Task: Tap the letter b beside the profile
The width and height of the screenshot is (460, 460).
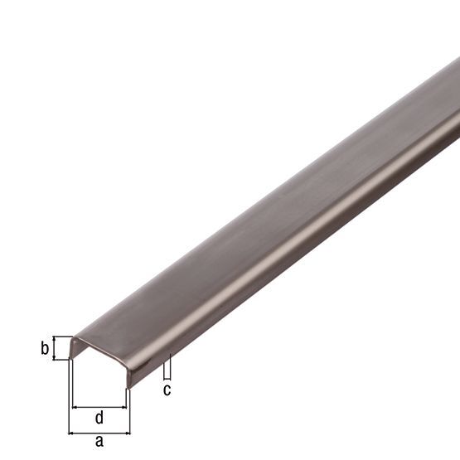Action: point(45,349)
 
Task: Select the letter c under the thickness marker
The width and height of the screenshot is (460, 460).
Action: point(167,389)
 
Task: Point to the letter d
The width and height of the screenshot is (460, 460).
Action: point(99,416)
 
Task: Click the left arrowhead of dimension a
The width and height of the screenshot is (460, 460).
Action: point(71,432)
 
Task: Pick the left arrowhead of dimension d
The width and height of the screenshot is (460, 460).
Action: point(75,407)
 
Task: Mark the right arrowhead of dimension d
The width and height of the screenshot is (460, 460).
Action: point(125,407)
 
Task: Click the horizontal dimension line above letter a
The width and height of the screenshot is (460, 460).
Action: point(99,432)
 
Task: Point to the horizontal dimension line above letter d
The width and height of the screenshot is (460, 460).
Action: point(99,407)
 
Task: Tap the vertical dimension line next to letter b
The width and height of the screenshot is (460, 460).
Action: point(56,348)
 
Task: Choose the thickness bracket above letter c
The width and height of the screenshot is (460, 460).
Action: point(167,366)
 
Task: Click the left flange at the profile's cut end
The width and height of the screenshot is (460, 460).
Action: point(71,349)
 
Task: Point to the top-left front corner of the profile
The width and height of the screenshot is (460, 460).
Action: point(72,337)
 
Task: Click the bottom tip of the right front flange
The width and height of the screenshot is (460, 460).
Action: point(128,386)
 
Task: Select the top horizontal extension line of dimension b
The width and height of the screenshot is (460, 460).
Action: point(61,337)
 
